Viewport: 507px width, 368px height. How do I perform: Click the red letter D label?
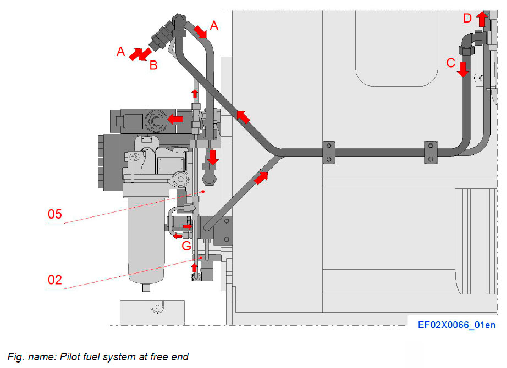467,19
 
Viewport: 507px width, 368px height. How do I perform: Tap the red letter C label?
451,63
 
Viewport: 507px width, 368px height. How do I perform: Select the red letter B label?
153,65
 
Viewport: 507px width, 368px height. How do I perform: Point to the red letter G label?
186,245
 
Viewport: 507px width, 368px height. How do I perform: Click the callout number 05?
54,214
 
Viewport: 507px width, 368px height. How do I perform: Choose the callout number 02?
54,280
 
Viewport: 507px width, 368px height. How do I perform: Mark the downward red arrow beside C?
463,69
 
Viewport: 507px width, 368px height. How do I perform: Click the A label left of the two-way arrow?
121,52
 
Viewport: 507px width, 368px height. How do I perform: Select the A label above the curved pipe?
214,25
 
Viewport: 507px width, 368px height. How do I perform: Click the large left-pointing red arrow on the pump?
175,118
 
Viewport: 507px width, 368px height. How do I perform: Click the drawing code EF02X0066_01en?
456,325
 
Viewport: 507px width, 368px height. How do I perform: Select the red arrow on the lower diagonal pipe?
262,177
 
